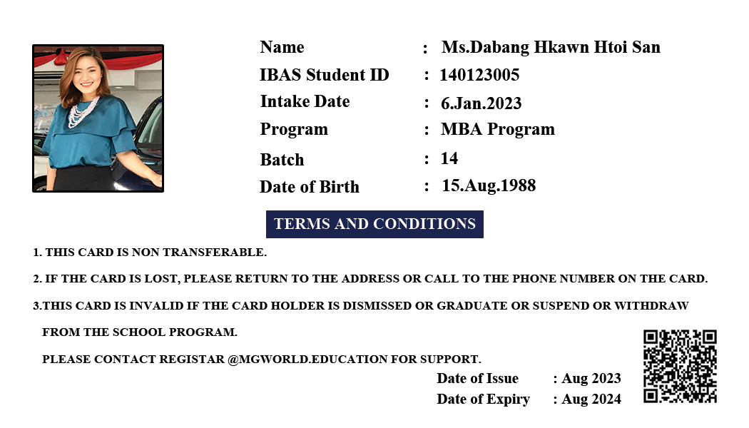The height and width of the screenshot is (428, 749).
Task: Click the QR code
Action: coord(680,366)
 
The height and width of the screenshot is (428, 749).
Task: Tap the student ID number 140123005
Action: coord(479,75)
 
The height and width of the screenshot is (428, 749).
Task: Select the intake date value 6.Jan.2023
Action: coord(481,103)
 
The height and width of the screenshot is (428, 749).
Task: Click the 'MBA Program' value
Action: coord(498,130)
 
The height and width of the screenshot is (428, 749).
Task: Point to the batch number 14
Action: coord(449,158)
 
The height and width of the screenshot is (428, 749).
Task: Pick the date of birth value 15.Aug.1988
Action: coord(489,186)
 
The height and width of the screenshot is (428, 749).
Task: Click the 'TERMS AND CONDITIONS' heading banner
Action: coord(374,224)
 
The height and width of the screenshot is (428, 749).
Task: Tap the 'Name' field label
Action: coord(282,48)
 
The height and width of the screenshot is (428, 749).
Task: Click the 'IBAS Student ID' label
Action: coord(325,75)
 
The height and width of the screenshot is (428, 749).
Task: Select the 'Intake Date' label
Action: coord(305,102)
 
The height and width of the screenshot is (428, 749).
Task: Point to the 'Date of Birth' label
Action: coord(310,187)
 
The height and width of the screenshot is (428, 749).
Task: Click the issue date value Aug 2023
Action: coord(591,379)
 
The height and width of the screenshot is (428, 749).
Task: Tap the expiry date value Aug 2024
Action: coord(591,399)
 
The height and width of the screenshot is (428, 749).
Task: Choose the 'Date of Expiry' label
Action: coord(483,399)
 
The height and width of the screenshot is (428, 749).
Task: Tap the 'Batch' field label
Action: coord(282,160)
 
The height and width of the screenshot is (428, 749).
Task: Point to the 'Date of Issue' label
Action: coord(477,379)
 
